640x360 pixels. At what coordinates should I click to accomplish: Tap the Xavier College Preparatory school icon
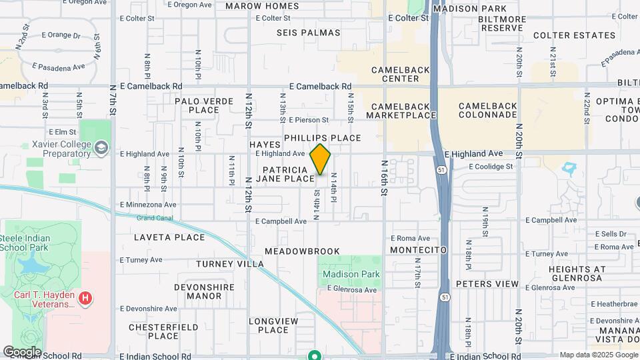(101, 147)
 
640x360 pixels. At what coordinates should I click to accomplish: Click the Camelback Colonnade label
(487, 110)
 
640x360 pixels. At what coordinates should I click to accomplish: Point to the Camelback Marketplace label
(401, 110)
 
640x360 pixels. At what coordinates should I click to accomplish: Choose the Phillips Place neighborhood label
(322, 138)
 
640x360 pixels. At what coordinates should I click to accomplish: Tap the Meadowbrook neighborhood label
(302, 251)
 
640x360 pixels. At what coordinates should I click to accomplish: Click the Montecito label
(418, 249)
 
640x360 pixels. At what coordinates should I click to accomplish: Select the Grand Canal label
(154, 217)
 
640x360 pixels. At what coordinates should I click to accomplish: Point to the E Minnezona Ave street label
(148, 205)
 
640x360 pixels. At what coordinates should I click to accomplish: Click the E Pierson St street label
(315, 120)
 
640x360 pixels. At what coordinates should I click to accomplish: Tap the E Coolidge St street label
(491, 167)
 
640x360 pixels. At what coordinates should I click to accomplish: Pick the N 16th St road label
(384, 177)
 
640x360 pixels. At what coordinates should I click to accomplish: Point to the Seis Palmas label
(309, 33)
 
